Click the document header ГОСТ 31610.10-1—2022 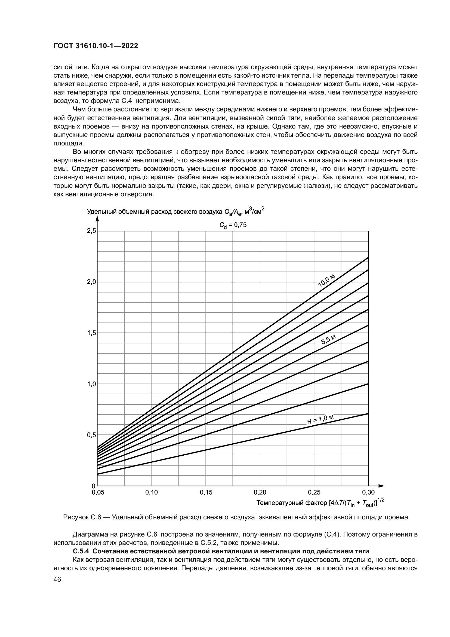95,46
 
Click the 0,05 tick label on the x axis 98,492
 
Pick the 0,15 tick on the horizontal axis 206,492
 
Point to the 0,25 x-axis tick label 314,492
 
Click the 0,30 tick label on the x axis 368,492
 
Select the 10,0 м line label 327,280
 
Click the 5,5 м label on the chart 329,340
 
